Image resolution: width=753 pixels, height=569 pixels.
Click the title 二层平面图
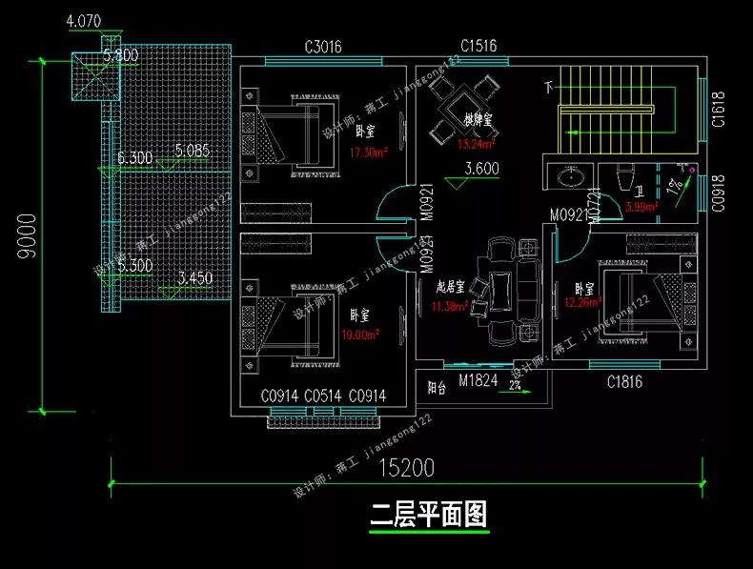(429, 516)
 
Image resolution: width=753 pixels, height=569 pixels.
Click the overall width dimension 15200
(404, 468)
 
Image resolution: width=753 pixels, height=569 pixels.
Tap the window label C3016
(323, 47)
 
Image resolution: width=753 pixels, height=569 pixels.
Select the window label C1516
(478, 46)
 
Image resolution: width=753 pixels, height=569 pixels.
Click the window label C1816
(625, 381)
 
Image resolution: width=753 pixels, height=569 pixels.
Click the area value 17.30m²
(368, 152)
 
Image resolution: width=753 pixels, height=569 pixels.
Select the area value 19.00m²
(361, 335)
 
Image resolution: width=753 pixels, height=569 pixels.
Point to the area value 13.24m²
(476, 145)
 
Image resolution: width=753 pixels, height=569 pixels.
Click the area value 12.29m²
(582, 303)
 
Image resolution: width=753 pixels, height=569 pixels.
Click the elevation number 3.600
(482, 170)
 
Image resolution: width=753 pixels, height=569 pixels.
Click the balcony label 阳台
(437, 388)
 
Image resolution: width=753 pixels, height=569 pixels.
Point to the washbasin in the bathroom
(572, 177)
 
